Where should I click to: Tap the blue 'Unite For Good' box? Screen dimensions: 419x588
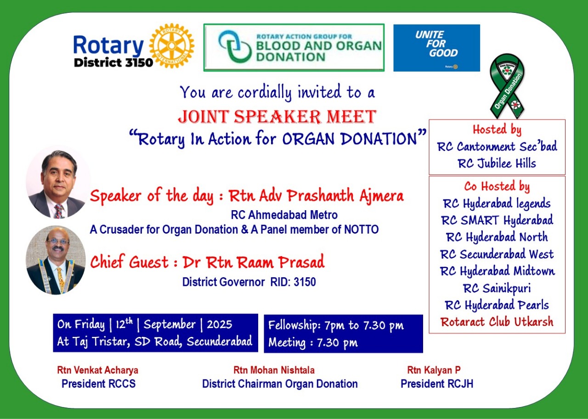click(436, 48)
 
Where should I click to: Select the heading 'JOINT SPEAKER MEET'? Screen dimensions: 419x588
click(277, 117)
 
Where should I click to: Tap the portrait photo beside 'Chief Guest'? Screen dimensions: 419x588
click(56, 260)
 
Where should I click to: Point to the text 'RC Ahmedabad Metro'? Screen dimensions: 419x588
click(284, 215)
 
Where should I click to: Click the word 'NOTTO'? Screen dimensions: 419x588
click(362, 229)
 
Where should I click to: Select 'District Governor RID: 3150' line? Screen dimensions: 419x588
click(249, 282)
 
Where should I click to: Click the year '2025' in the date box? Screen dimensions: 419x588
click(219, 324)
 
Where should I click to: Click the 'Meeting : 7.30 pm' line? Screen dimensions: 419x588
click(313, 342)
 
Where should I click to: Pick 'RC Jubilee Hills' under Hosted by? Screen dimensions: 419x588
click(497, 163)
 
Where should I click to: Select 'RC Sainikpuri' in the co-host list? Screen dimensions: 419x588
click(497, 288)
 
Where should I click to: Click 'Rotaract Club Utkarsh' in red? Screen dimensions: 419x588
click(497, 322)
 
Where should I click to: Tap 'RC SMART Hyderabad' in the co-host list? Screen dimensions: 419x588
click(497, 220)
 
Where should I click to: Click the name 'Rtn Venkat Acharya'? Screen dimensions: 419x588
click(97, 370)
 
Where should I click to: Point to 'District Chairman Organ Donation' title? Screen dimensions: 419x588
click(280, 384)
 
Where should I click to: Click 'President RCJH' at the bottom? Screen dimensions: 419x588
click(436, 384)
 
